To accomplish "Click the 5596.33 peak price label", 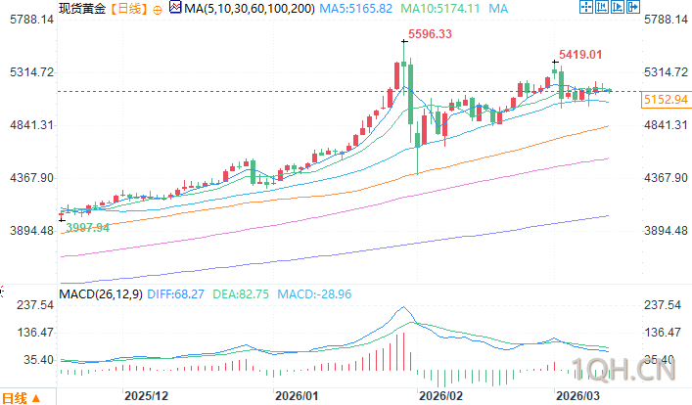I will coord(430,34).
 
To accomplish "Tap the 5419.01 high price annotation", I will coord(579,55).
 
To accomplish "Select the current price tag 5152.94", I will coord(666,100).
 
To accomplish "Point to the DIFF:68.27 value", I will coord(176,292).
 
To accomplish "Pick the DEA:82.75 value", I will coord(241,292).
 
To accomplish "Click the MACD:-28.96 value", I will coord(314,292).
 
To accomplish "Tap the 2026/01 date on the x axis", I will coord(297,396).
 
